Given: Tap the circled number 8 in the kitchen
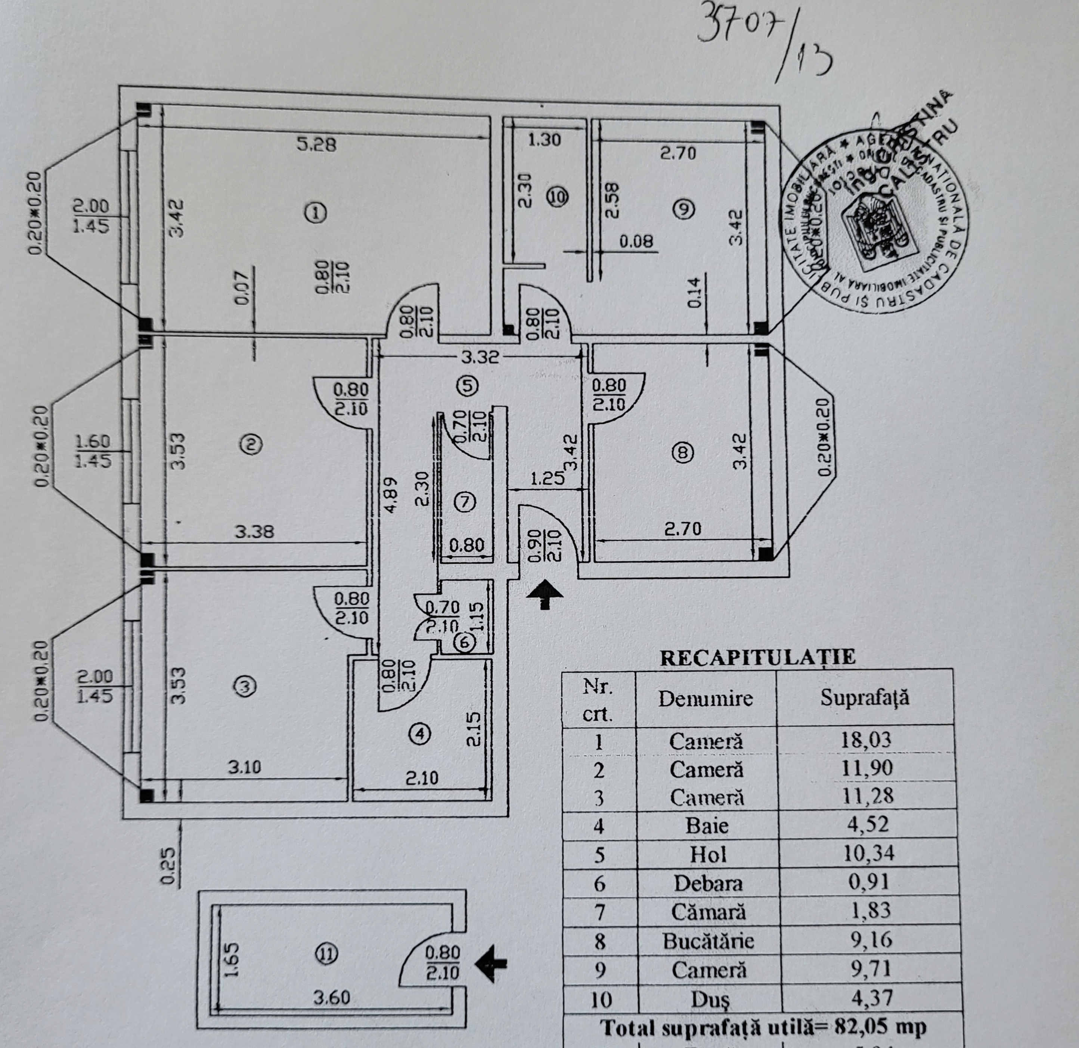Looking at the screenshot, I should tap(683, 453).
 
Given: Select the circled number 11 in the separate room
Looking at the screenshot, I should tap(326, 954).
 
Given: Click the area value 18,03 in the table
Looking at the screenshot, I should tap(865, 739).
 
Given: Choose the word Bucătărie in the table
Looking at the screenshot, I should tap(708, 941).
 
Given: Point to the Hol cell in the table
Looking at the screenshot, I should tap(708, 855).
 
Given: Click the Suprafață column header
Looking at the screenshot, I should tap(864, 698).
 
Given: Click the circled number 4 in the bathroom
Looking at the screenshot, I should tap(420, 734).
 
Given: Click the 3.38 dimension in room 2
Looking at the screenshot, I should tap(254, 532).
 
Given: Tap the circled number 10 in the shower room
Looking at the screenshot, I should tap(558, 196).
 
